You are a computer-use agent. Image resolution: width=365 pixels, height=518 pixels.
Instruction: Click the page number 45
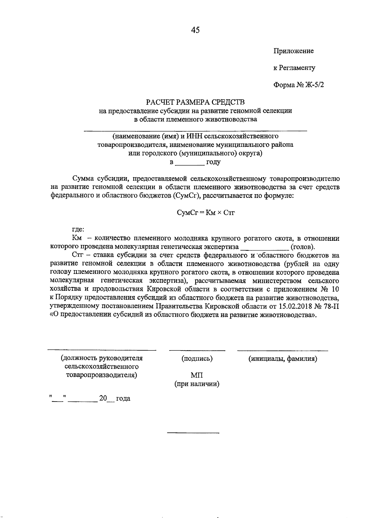click(196, 30)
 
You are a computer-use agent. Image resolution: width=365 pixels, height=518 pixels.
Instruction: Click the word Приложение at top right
click(294, 51)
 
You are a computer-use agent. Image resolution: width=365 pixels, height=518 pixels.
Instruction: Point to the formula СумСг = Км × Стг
click(206, 212)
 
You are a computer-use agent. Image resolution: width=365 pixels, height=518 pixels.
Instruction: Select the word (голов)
click(303, 247)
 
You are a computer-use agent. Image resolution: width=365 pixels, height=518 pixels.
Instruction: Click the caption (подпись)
click(197, 359)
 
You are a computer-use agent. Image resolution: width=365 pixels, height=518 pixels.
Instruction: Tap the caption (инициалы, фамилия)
click(283, 359)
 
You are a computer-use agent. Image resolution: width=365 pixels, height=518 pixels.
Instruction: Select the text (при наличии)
click(197, 384)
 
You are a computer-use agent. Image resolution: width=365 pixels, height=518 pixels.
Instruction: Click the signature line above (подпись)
click(197, 351)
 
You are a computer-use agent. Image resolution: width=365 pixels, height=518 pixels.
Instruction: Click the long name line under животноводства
click(196, 131)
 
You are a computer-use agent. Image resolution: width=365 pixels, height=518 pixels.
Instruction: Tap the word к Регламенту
click(294, 68)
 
